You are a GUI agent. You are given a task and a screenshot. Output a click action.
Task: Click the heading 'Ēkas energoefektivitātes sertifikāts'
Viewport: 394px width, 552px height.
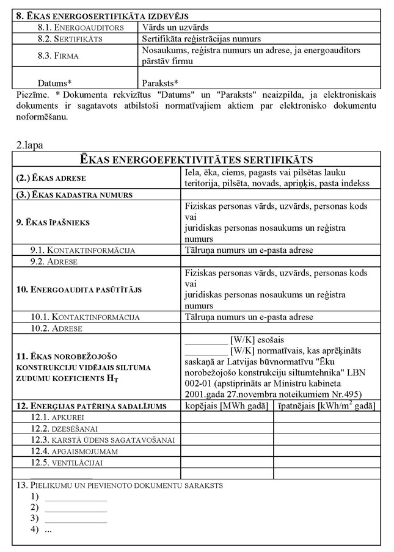click(197, 160)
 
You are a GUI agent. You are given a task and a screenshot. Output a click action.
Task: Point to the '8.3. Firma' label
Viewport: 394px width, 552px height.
click(62, 56)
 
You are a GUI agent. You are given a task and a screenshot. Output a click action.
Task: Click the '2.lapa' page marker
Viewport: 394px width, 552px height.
click(29, 145)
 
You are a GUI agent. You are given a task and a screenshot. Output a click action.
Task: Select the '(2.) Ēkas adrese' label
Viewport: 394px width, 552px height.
click(51, 178)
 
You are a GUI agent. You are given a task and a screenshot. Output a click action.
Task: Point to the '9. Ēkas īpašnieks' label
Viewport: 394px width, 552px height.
click(53, 222)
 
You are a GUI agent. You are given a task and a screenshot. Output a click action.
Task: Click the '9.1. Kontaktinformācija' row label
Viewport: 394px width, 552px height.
click(82, 250)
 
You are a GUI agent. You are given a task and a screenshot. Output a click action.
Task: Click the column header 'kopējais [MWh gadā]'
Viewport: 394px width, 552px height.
click(227, 406)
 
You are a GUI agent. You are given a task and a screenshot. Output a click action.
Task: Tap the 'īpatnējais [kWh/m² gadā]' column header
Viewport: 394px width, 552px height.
click(324, 406)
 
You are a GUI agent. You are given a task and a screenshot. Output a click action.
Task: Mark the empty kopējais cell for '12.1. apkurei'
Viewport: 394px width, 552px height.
click(227, 417)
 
